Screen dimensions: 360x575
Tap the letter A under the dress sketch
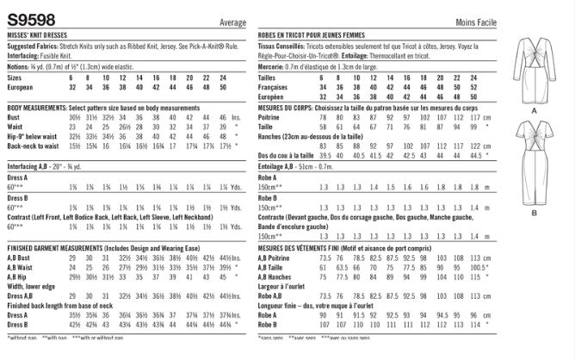(546, 112)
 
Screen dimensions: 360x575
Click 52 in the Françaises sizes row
(504, 87)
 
